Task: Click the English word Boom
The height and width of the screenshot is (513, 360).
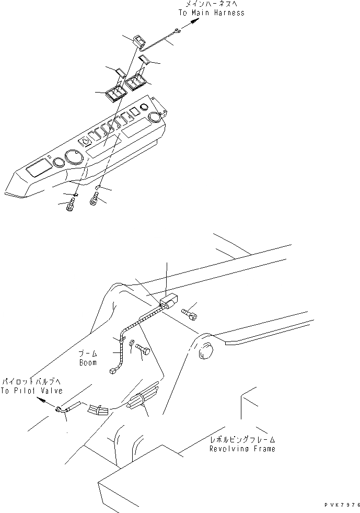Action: point(88,362)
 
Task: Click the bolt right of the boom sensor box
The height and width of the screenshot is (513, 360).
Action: point(190,313)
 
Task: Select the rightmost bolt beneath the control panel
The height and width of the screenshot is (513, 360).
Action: point(95,199)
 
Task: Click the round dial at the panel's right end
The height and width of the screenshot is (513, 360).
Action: point(155,118)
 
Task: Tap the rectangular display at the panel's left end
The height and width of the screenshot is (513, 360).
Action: point(38,168)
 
